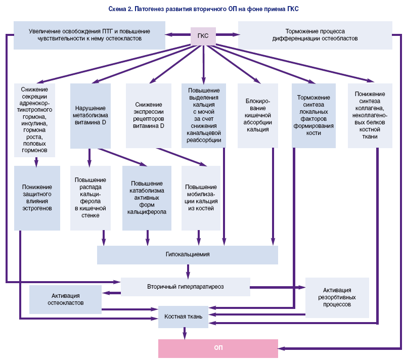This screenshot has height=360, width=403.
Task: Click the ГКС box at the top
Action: point(203,35)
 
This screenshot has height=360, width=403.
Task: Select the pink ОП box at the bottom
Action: point(218,348)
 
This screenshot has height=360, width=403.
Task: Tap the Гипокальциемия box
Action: point(187,254)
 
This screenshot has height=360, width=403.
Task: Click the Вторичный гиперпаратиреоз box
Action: point(185,287)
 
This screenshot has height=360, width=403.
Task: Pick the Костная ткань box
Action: point(184,317)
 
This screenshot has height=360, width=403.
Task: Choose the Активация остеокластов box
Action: point(65,299)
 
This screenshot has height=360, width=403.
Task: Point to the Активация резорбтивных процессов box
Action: point(338,297)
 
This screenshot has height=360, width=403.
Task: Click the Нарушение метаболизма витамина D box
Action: point(90,116)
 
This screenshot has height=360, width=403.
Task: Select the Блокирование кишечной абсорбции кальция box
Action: point(257,116)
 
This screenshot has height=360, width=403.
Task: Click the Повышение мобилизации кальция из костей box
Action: point(201,198)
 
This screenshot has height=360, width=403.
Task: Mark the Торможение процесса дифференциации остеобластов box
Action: point(315,35)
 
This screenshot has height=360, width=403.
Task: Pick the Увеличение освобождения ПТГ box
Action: point(89,35)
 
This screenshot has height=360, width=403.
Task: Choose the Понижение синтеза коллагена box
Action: point(370,116)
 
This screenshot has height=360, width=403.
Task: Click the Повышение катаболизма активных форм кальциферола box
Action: point(146,198)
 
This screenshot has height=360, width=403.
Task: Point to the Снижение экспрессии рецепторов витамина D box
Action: point(148,116)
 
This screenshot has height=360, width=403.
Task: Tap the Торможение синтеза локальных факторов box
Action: point(314,116)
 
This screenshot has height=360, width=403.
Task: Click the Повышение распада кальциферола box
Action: point(90,198)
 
